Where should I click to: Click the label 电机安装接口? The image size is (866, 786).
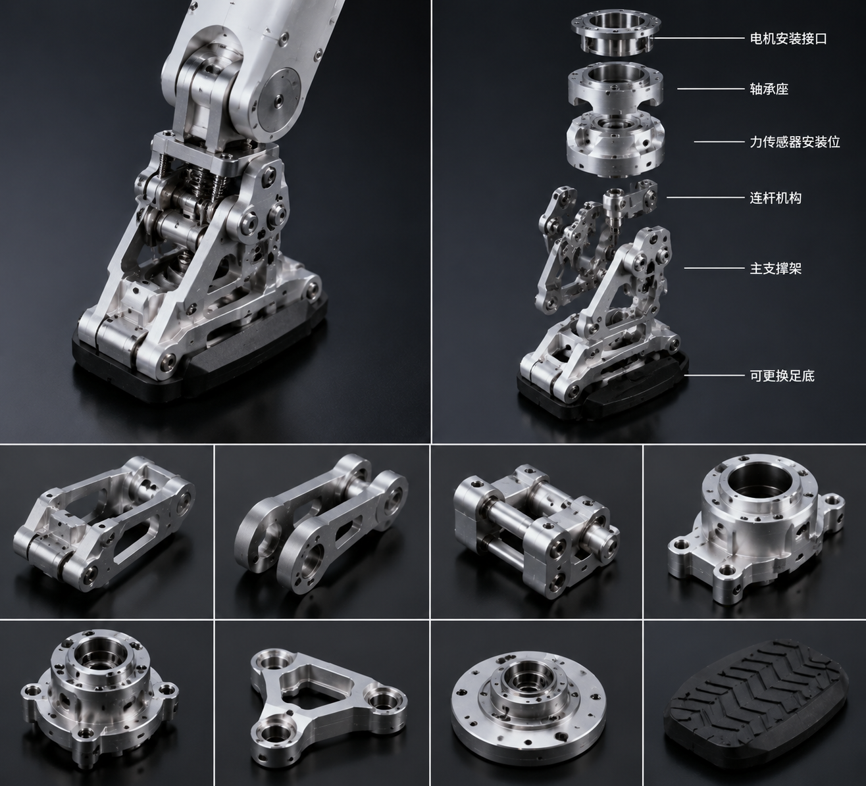click(x=788, y=39)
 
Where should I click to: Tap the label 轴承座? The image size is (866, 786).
click(x=769, y=89)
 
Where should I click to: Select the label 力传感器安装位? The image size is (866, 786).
click(x=795, y=142)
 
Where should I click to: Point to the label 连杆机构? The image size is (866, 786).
click(x=775, y=198)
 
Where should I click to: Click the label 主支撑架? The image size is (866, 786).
click(x=775, y=268)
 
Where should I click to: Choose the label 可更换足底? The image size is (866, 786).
click(x=782, y=376)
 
